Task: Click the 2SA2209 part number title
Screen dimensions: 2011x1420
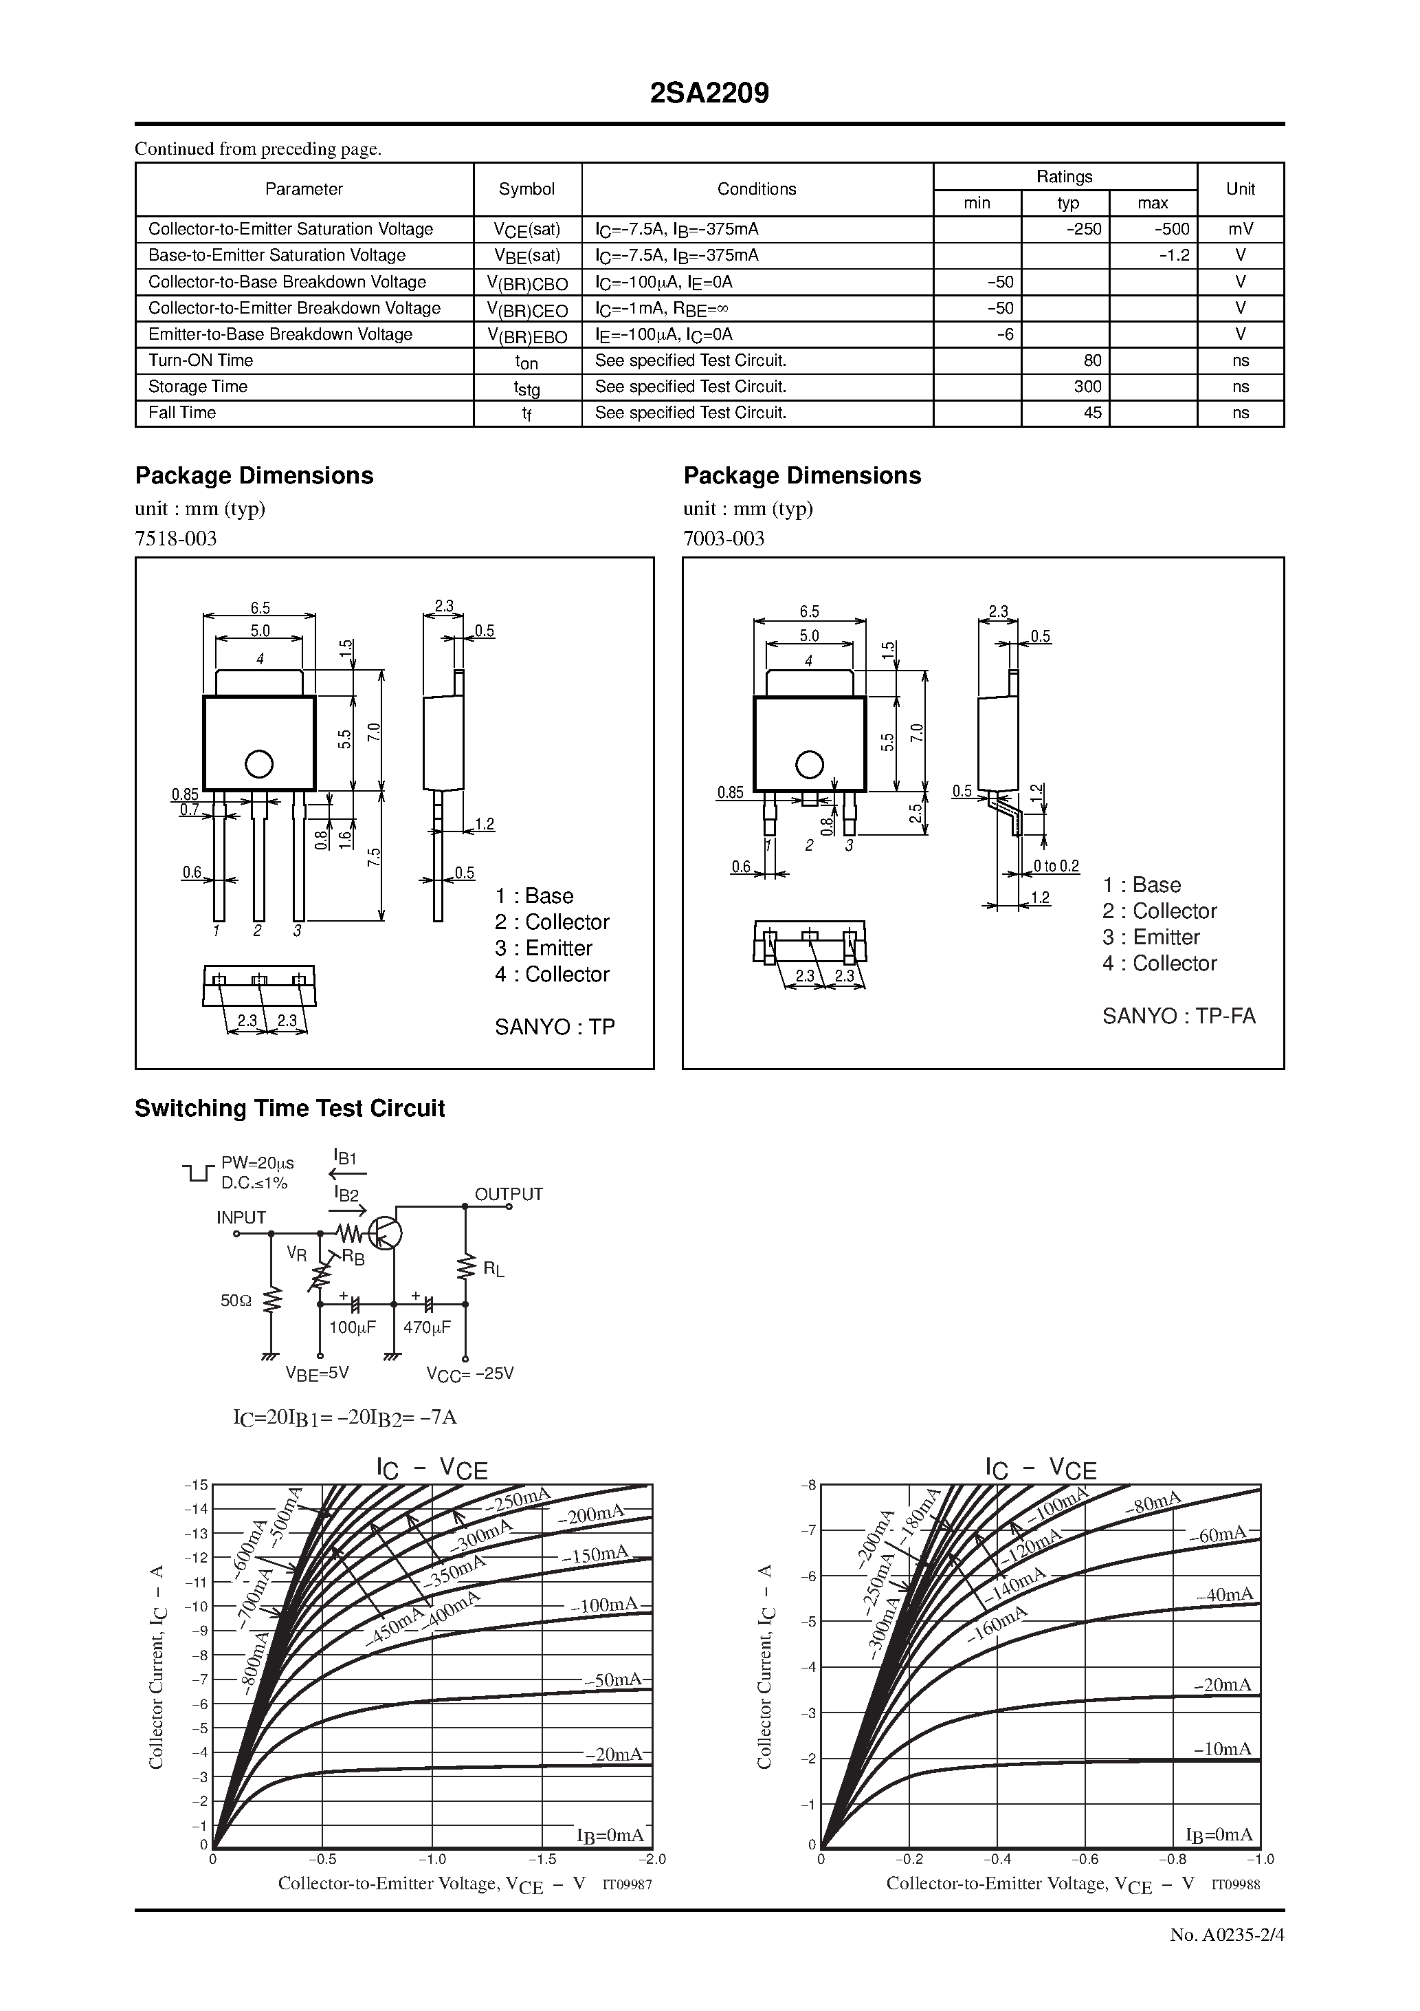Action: pos(709,94)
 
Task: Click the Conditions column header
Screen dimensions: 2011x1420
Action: pos(757,189)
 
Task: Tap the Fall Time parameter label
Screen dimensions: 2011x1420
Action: pos(182,413)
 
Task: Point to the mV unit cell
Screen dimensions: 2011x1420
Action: pos(1240,230)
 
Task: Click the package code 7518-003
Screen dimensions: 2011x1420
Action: pos(176,539)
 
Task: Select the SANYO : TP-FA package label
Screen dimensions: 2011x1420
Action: pos(1178,1016)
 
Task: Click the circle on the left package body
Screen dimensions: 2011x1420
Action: pos(259,764)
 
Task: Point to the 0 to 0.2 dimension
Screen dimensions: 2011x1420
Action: pos(1056,867)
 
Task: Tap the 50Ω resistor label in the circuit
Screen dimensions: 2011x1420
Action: pos(236,1301)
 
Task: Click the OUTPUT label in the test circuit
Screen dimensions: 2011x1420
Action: pos(509,1195)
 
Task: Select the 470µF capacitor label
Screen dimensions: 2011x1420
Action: pos(428,1327)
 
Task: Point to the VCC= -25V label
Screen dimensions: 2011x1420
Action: pos(470,1373)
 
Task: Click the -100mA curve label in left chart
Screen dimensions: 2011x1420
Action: pos(605,1605)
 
